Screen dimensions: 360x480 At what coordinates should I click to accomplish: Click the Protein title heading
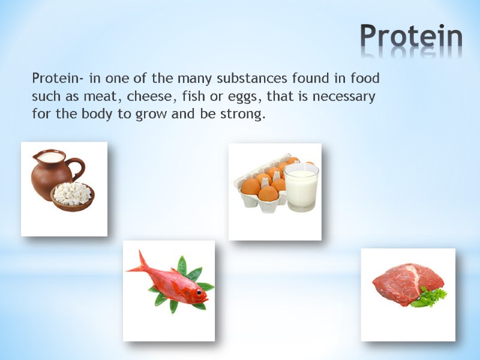pos(411,38)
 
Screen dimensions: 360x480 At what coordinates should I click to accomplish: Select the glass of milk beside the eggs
pos(301,187)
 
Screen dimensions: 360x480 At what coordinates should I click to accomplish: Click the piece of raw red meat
pos(405,282)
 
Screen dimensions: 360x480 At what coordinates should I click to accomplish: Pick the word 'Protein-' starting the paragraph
pos(56,79)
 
